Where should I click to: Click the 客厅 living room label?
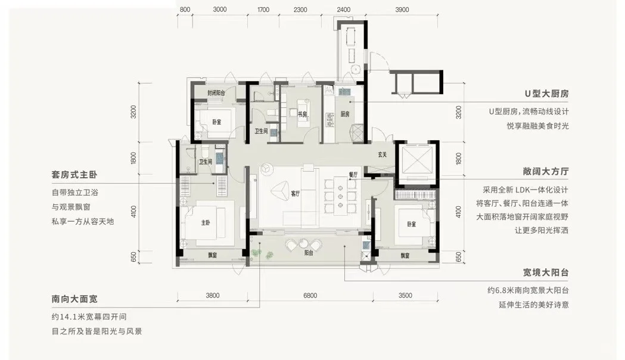pyautogui.click(x=295, y=194)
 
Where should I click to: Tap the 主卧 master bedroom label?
pyautogui.click(x=206, y=223)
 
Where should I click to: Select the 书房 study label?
pyautogui.click(x=303, y=114)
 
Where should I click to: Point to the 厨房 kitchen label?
pyautogui.click(x=345, y=114)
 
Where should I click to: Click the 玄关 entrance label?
pyautogui.click(x=383, y=154)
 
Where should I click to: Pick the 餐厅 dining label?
pyautogui.click(x=353, y=175)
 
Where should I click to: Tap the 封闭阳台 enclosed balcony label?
pyautogui.click(x=216, y=93)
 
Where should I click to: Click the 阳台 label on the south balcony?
pyautogui.click(x=309, y=253)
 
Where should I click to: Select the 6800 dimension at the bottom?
pyautogui.click(x=310, y=296)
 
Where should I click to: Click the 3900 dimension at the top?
pyautogui.click(x=402, y=10)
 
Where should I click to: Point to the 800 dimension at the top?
pyautogui.click(x=185, y=10)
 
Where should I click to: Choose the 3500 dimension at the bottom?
pyautogui.click(x=405, y=296)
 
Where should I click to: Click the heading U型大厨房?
pyautogui.click(x=546, y=94)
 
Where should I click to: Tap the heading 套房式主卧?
pyautogui.click(x=74, y=175)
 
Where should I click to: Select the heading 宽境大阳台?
pyautogui.click(x=546, y=273)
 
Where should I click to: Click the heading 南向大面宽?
pyautogui.click(x=74, y=299)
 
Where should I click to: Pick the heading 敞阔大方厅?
pyautogui.click(x=546, y=172)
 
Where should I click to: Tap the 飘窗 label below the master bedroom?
pyautogui.click(x=212, y=255)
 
